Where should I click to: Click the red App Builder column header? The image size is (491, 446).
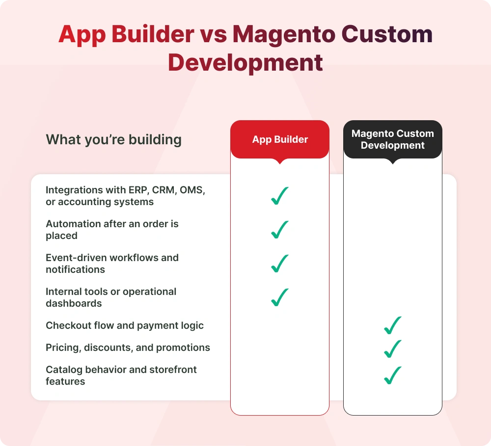(x=280, y=140)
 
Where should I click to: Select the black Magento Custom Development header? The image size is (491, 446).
(x=392, y=140)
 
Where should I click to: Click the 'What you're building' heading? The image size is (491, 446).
(x=113, y=140)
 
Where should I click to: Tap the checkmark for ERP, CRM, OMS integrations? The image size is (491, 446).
(x=279, y=196)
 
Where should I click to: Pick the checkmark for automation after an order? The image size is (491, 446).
(x=279, y=230)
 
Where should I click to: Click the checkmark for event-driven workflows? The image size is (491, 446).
(x=279, y=263)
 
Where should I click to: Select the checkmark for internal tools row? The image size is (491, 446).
(x=279, y=297)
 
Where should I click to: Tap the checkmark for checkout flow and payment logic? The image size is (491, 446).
(x=393, y=325)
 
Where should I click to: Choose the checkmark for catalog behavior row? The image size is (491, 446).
(x=393, y=375)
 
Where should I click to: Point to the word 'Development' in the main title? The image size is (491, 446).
(x=245, y=63)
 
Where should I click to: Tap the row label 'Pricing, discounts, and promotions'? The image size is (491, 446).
(x=128, y=348)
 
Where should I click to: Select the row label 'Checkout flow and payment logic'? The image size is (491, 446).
(x=125, y=326)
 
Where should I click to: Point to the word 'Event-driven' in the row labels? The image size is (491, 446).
(x=76, y=258)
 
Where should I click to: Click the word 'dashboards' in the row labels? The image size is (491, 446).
(x=74, y=303)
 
